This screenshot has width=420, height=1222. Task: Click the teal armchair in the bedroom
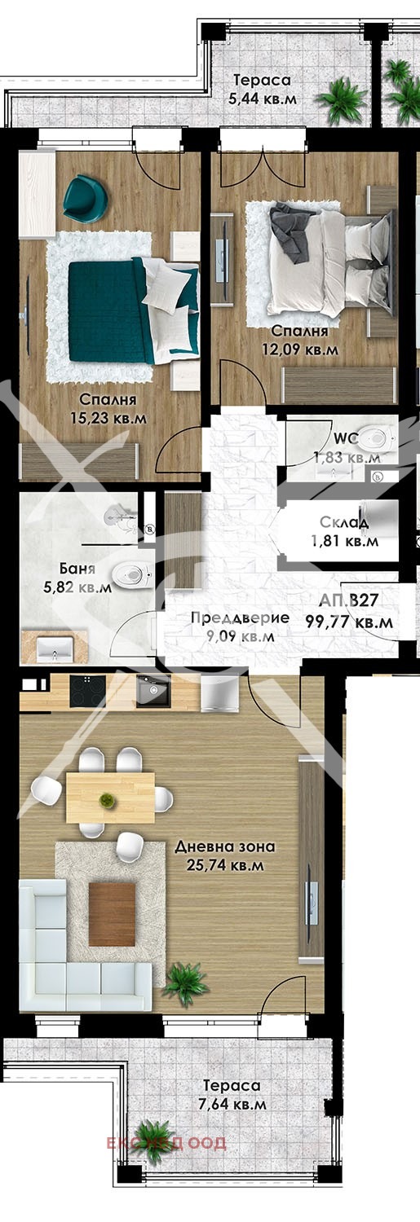tap(85, 197)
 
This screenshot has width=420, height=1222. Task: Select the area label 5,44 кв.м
tap(263, 99)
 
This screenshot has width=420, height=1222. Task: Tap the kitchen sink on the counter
tap(152, 692)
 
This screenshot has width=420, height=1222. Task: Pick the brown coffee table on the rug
tap(112, 914)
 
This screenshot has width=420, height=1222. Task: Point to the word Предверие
tap(240, 618)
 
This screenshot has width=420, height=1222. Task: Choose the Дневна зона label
tap(225, 846)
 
